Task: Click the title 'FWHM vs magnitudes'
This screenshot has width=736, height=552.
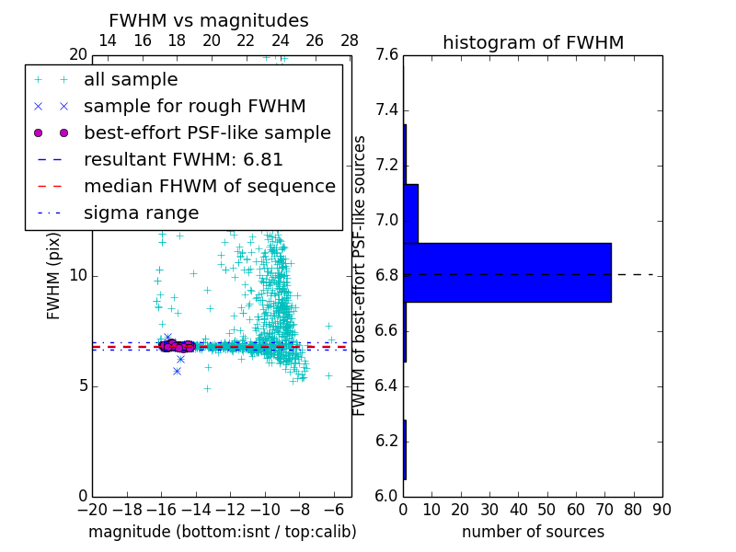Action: (x=209, y=21)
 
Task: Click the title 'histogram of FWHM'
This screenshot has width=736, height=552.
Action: (x=533, y=43)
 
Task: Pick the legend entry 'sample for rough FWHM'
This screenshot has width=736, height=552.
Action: (x=194, y=107)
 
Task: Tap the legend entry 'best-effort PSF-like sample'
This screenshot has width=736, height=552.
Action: (x=207, y=133)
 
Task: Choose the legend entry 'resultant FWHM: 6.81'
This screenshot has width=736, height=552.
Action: (x=183, y=160)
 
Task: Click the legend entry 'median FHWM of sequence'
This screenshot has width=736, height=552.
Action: (x=209, y=187)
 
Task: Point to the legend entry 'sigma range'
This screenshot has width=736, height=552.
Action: (x=141, y=213)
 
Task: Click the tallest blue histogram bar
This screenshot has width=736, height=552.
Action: (x=507, y=272)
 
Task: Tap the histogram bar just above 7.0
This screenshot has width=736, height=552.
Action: (x=410, y=213)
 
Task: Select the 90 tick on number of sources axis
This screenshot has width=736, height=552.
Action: (x=661, y=509)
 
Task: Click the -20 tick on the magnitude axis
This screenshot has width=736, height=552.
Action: (x=92, y=509)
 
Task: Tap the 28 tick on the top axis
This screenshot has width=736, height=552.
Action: (x=350, y=40)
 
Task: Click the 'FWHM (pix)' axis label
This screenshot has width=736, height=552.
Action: (x=54, y=276)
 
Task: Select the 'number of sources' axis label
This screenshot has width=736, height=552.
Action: (x=533, y=532)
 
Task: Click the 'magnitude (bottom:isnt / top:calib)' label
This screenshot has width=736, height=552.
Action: (x=222, y=532)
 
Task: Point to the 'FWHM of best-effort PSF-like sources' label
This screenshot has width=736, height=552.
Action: (x=361, y=275)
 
